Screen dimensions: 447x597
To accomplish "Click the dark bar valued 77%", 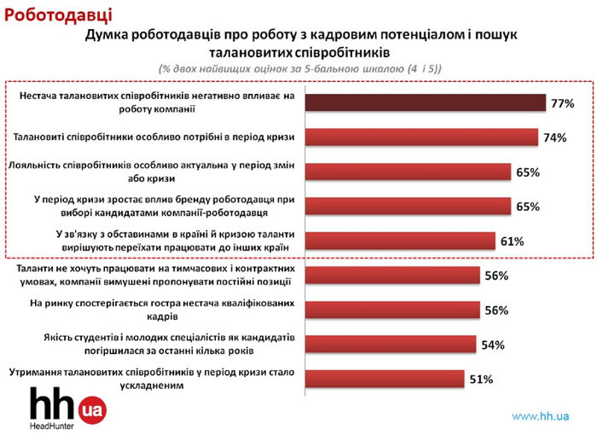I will tap(425, 102).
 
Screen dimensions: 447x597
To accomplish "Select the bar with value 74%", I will tap(420, 136).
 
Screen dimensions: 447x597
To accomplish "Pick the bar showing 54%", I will tap(390, 344).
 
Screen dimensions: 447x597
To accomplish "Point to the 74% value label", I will tap(554, 137).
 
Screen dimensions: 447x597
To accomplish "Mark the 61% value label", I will tap(512, 241).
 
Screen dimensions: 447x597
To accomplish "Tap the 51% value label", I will tap(481, 380).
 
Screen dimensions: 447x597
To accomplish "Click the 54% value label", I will tap(492, 345).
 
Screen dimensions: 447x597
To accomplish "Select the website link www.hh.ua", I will tap(540, 416).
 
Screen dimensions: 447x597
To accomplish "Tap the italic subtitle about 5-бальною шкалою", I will tap(299, 67).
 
